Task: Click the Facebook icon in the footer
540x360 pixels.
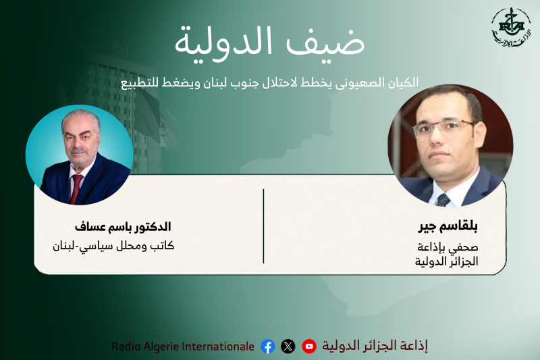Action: [268, 346]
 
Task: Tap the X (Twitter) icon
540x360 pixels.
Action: [288, 346]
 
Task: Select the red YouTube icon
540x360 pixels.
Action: [309, 346]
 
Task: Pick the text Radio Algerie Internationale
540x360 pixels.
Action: [183, 346]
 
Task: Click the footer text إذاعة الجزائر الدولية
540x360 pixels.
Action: [375, 346]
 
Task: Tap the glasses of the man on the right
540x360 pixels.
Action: [448, 126]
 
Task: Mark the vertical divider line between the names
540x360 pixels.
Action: [263, 226]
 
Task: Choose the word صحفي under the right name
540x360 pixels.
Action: [464, 247]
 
